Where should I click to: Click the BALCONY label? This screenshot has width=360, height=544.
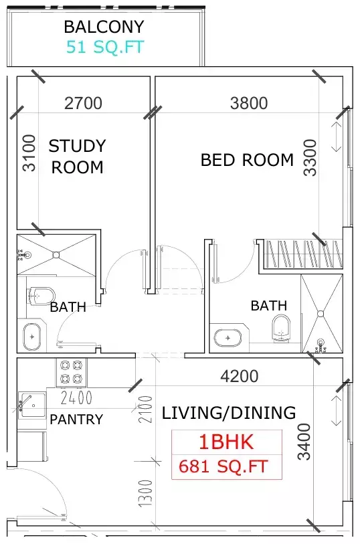pos(104,27)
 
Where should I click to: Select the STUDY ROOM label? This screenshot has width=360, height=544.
pos(77,156)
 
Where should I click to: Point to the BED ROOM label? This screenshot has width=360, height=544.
pos(247,160)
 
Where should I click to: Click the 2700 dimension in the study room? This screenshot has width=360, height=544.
pos(83,103)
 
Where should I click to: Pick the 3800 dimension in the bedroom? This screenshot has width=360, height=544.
pos(248,103)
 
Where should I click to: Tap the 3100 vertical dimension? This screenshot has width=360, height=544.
pos(29,153)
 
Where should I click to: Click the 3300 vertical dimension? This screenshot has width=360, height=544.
pos(308,157)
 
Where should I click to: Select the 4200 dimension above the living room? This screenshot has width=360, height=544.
pos(239,377)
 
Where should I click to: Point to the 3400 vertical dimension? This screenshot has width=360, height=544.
pos(304,442)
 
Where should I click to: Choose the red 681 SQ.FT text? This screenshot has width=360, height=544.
pos(223,466)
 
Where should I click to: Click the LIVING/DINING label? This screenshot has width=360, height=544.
pos(228,413)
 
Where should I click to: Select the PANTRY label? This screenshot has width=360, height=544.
pos(76,420)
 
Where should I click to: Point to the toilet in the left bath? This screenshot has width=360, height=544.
pos(42,295)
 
